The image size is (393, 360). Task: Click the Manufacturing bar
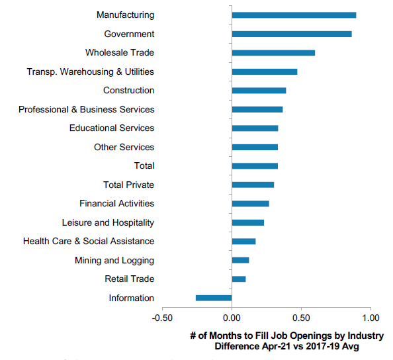point(294,15)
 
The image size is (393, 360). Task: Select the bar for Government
point(292,34)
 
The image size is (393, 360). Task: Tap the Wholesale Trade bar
point(273,53)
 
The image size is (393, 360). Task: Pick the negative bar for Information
point(214,298)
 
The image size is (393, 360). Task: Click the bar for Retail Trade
point(239,279)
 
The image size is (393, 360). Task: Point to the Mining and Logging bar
point(240,260)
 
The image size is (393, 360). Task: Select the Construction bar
point(259,91)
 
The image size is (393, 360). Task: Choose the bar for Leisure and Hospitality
point(248,222)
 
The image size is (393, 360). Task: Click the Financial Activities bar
point(250,204)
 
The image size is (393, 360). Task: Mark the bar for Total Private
point(253,185)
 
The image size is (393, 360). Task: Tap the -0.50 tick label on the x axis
point(162,318)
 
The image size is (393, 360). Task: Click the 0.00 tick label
point(232,318)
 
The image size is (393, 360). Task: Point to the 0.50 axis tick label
point(301,318)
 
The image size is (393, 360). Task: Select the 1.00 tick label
point(371,318)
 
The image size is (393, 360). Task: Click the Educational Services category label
point(112,128)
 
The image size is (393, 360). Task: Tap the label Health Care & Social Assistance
point(89,241)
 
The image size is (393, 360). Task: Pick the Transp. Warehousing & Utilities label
point(91,72)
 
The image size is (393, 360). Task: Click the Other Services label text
point(124,147)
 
